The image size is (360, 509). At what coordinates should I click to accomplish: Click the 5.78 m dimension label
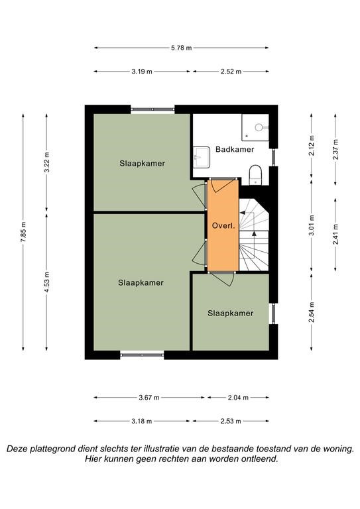[182, 48]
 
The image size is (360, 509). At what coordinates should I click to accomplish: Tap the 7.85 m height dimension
[23, 232]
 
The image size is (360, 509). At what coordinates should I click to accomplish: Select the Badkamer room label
[235, 149]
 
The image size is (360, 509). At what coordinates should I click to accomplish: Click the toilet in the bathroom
[255, 175]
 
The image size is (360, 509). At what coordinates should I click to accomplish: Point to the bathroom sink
[202, 158]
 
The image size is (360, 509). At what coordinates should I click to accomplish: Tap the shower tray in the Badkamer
[255, 127]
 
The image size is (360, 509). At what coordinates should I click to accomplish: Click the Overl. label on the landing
[223, 225]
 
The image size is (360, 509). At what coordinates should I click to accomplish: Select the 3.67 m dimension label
[149, 398]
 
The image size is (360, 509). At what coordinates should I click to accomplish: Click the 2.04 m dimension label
[238, 398]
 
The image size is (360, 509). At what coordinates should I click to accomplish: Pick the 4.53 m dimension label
[46, 282]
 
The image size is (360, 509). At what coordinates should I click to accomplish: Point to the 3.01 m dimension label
[312, 226]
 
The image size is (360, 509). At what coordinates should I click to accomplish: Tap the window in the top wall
[152, 110]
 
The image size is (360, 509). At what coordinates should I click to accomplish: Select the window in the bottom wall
[142, 355]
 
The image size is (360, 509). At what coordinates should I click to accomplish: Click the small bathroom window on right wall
[274, 158]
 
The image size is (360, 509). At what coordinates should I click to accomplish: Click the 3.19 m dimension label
[142, 72]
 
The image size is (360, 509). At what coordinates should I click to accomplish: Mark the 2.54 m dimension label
[312, 312]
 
